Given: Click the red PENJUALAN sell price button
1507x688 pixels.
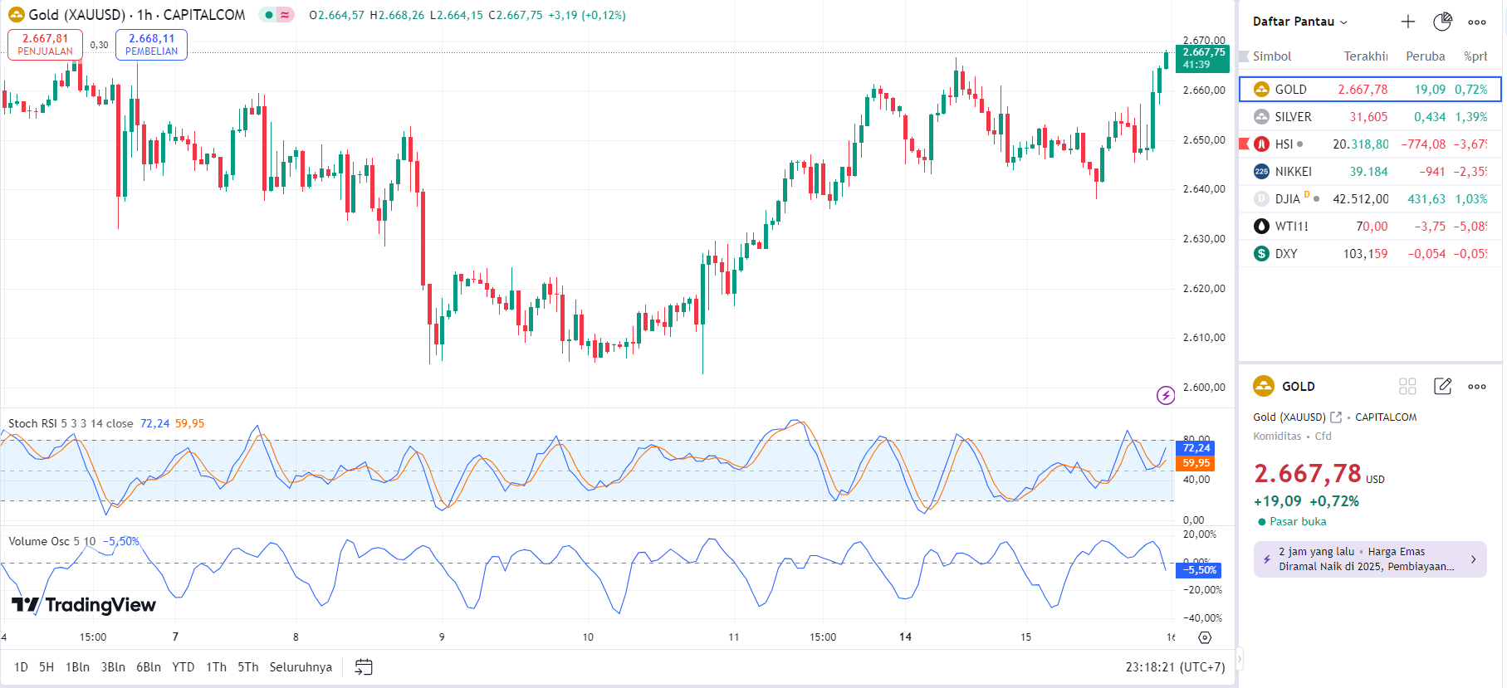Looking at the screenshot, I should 45,44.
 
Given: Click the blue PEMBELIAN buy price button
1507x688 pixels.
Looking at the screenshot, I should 151,44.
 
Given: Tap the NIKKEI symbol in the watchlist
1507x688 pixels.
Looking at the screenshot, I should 1293,172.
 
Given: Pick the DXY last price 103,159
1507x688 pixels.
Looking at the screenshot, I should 1365,254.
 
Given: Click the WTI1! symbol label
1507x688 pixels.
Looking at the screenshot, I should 1291,227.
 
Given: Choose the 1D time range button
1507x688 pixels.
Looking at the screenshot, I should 21,667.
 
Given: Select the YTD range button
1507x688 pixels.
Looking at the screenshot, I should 183,667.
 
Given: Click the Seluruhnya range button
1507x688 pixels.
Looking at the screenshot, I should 301,667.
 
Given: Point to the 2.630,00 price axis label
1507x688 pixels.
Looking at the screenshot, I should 1204,239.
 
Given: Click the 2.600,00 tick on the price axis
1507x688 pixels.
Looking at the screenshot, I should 1204,388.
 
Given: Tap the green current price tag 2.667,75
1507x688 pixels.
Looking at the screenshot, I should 1203,58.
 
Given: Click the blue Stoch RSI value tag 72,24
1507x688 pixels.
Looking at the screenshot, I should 1196,448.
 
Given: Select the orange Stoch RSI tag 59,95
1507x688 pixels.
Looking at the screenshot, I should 1196,463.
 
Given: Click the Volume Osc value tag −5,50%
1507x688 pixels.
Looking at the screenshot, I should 1200,570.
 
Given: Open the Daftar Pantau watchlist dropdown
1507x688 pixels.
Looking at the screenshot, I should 1299,22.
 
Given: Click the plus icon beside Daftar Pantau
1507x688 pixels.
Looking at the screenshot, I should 1408,22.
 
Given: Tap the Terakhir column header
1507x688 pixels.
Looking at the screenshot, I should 1365,56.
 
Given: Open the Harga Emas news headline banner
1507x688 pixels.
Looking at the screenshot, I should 1369,559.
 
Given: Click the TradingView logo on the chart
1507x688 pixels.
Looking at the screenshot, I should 84,605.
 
